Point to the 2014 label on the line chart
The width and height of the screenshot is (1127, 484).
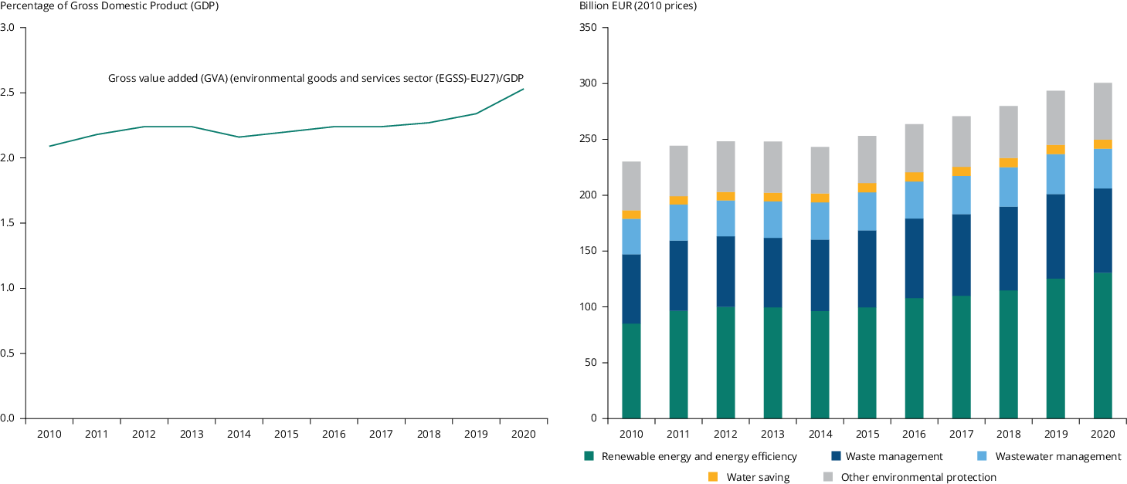pyautogui.click(x=239, y=434)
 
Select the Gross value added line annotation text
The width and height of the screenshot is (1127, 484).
pyautogui.click(x=316, y=79)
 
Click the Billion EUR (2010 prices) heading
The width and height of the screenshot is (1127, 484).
pyautogui.click(x=638, y=6)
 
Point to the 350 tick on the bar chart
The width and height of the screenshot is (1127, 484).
pyautogui.click(x=588, y=28)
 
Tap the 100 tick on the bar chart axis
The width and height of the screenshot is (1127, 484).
pyautogui.click(x=588, y=307)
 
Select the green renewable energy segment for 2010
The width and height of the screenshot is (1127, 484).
pyautogui.click(x=631, y=371)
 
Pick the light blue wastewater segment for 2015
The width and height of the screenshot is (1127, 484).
pyautogui.click(x=867, y=211)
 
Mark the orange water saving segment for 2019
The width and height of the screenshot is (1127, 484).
pyautogui.click(x=1055, y=149)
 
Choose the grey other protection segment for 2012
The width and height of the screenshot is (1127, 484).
pyautogui.click(x=725, y=167)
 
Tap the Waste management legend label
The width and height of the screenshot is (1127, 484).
pyautogui.click(x=894, y=456)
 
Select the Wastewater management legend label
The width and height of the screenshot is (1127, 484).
pyautogui.click(x=1057, y=456)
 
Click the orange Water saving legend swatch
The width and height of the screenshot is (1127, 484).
pyautogui.click(x=713, y=477)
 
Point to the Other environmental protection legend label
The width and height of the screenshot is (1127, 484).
pyautogui.click(x=918, y=477)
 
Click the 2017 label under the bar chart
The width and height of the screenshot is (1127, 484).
pyautogui.click(x=961, y=434)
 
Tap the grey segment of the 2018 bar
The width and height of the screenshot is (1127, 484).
pyautogui.click(x=1008, y=132)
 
